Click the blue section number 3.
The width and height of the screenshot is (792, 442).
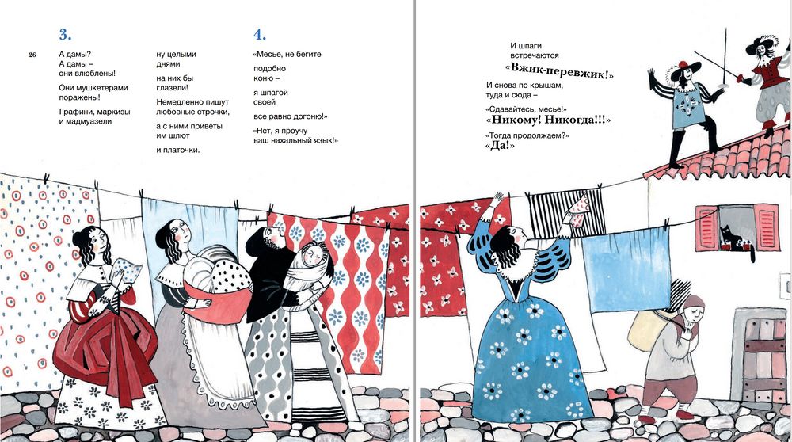coord(65,34)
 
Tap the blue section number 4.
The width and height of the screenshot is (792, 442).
coord(260,34)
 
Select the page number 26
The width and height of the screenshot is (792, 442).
coord(32,55)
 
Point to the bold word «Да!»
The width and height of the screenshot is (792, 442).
coord(500,146)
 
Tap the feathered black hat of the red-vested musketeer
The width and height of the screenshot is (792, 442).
coord(760,44)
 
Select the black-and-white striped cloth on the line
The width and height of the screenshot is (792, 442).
coord(565,212)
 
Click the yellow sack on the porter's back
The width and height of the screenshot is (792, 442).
coord(645,329)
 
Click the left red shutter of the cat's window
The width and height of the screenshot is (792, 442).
coord(706,228)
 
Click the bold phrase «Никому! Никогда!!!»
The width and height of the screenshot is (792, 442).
coord(548,120)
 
